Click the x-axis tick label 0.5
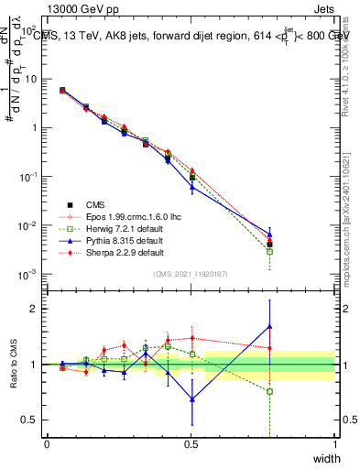point(191,444)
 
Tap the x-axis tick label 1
point(334,444)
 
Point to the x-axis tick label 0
point(47,444)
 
